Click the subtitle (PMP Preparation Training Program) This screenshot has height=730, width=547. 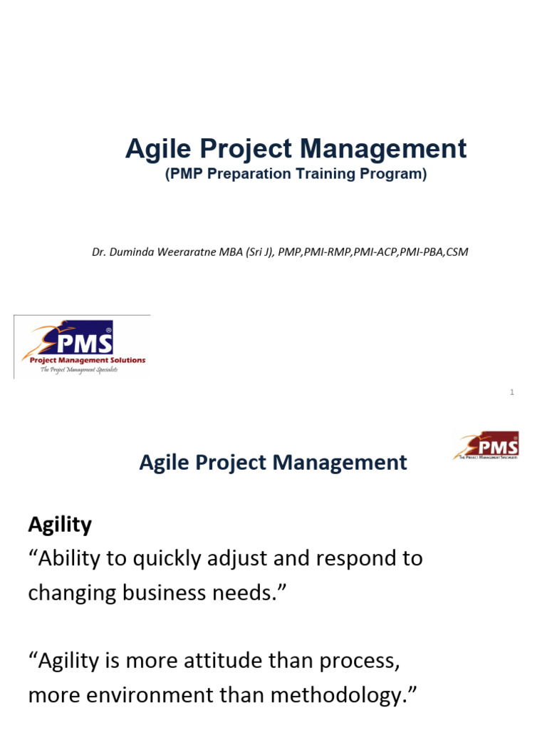click(296, 174)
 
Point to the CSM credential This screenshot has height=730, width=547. click(457, 252)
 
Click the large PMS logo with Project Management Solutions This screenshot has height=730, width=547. click(83, 346)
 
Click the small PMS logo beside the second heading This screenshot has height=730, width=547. click(486, 445)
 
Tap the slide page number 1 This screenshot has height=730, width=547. click(512, 392)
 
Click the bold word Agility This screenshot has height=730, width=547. click(60, 525)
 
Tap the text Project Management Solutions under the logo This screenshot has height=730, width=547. click(87, 360)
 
